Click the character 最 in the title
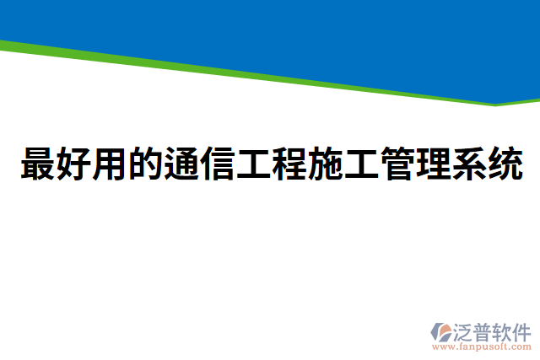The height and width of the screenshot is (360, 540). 36,164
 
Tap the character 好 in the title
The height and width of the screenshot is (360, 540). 73,164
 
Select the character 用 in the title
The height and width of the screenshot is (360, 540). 109,164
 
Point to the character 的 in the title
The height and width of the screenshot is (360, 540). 144,164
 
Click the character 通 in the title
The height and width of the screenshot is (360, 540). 181,164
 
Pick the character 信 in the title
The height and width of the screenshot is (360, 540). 216,164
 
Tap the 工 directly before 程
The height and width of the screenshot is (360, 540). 252,164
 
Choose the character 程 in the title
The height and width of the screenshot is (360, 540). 289,164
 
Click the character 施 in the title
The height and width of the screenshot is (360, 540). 324,164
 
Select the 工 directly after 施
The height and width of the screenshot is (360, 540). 360,164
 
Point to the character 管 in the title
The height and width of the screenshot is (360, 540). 397,164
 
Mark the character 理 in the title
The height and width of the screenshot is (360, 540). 432,164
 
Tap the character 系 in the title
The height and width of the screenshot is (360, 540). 468,164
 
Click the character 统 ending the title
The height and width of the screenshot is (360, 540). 505,164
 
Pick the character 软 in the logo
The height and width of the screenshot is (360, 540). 503,330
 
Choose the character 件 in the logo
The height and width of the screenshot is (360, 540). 522,330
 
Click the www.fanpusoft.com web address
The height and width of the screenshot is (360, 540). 481,347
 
